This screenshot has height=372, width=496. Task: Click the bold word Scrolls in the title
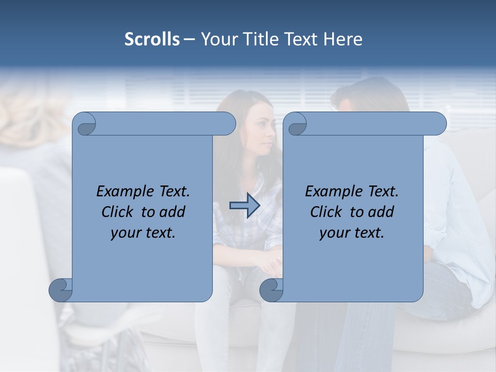coord(152,39)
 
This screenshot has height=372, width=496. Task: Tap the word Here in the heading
coord(343,39)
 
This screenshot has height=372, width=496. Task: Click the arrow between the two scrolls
coord(244,206)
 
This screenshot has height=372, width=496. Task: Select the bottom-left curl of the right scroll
coord(272,290)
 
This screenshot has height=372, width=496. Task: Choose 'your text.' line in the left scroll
coord(143,233)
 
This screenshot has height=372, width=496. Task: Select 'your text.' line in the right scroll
coord(352,233)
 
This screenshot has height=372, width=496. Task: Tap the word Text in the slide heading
coord(301,39)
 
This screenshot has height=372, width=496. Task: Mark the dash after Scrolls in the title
coord(189,39)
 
